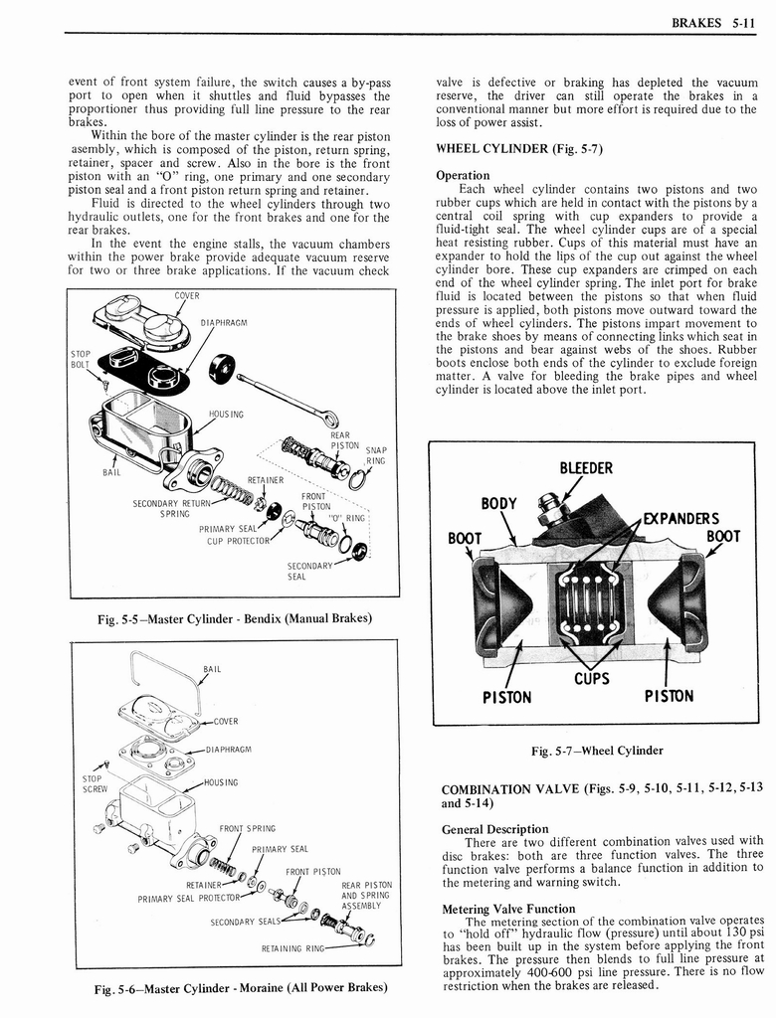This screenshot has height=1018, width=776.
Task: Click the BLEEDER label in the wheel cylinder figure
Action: (586, 468)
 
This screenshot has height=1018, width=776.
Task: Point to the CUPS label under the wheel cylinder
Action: (591, 678)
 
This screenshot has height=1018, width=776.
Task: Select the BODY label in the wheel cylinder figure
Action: (498, 504)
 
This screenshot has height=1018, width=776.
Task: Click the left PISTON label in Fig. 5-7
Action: (507, 697)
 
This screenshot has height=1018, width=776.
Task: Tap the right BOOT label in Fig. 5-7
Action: (723, 538)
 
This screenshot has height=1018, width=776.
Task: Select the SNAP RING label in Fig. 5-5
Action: (375, 454)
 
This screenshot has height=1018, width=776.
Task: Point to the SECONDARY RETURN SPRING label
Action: (173, 508)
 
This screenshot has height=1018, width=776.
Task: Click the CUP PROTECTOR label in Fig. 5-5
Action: (238, 541)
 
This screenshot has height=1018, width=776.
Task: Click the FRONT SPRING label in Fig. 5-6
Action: (247, 827)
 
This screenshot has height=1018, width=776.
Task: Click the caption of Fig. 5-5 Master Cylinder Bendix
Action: (234, 618)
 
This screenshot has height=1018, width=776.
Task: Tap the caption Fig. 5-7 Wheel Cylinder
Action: (597, 751)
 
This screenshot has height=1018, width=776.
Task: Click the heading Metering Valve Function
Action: (508, 909)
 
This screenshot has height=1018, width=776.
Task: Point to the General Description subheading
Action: (494, 829)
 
